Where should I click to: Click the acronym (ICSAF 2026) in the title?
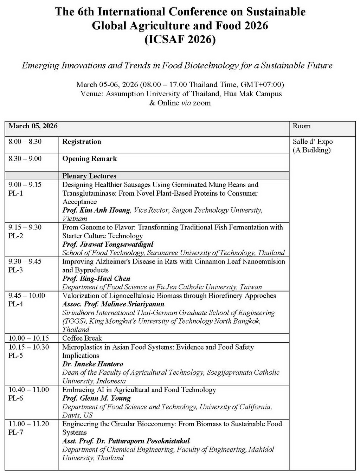click(x=180, y=39)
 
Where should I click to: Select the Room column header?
click(x=302, y=126)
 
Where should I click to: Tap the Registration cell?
click(x=82, y=142)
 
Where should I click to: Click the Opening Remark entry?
click(x=89, y=159)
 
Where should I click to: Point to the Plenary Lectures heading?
click(x=89, y=176)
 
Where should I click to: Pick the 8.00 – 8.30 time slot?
click(x=25, y=142)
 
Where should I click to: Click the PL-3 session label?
click(x=16, y=270)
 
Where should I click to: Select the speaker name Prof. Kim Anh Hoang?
click(x=96, y=210)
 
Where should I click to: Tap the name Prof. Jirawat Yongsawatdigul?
click(x=108, y=244)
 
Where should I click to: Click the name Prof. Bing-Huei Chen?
click(x=96, y=278)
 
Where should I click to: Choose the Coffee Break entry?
click(x=82, y=338)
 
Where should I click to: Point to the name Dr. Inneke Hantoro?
click(x=93, y=364)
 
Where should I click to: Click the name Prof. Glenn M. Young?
click(x=96, y=398)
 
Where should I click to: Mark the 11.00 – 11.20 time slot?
click(x=29, y=424)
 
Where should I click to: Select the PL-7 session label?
click(x=16, y=432)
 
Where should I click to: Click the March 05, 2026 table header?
click(x=33, y=126)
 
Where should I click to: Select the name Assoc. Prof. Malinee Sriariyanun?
click(x=113, y=304)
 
